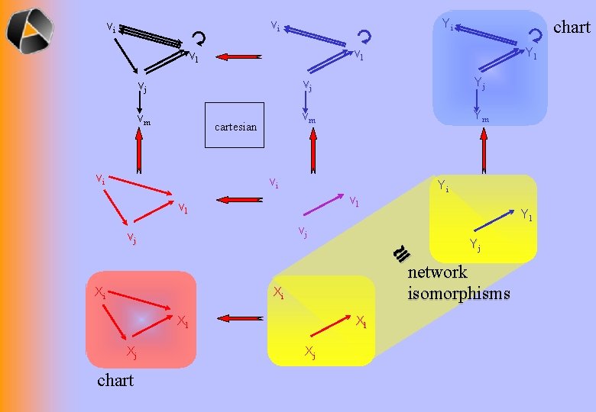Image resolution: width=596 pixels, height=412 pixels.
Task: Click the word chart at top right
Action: click(572, 27)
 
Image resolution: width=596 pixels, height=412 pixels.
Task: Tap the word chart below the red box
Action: click(115, 380)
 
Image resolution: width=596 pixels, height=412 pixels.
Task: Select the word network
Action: click(437, 273)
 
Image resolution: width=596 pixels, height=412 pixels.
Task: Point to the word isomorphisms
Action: click(458, 294)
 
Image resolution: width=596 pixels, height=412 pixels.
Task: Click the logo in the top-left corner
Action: click(30, 30)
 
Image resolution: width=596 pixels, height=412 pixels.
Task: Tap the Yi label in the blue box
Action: click(448, 25)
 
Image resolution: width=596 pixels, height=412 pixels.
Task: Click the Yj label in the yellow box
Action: click(475, 244)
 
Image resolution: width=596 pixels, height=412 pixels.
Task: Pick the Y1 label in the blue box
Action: click(531, 54)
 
